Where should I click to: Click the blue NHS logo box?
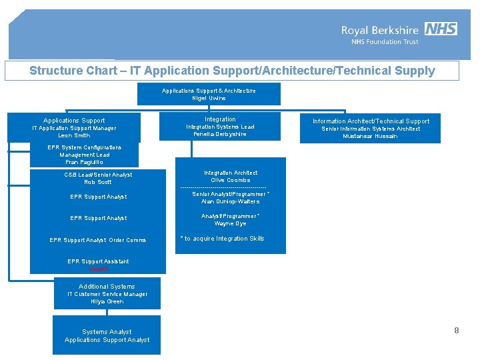point(441,29)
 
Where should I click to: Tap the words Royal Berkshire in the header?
point(380,30)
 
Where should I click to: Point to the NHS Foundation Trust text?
point(385,42)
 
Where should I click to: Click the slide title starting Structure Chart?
point(232,71)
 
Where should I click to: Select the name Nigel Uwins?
point(209,98)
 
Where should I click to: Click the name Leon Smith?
point(74,135)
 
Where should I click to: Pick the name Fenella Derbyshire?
point(220,134)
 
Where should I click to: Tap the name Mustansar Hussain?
point(370,136)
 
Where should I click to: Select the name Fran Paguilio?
point(84,162)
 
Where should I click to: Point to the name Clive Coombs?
point(231,180)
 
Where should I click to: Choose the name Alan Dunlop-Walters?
point(231,201)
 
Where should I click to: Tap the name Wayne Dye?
point(231,223)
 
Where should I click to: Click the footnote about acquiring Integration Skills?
point(222,239)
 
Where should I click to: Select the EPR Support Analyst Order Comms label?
point(98,240)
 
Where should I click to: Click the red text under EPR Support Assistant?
point(98,269)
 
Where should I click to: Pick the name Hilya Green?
point(107,301)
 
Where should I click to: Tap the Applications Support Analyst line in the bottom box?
point(107,340)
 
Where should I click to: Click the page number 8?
point(457,331)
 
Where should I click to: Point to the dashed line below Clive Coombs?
point(223,187)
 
